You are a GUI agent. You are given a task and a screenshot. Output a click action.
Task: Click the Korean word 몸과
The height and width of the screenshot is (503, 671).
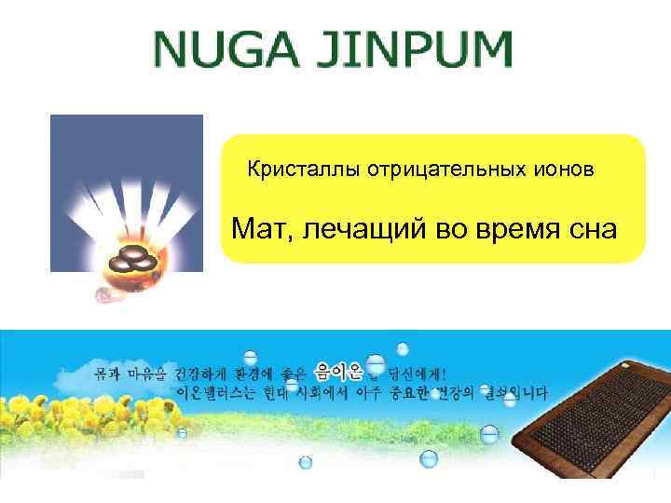105,373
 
